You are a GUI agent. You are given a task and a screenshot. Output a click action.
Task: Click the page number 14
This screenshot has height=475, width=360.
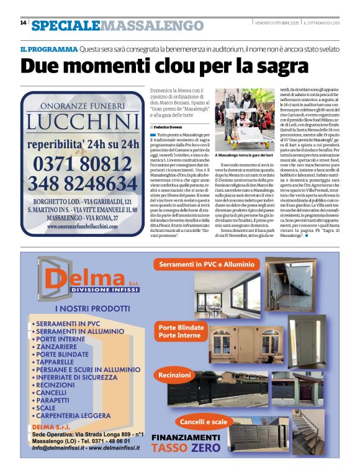click(23, 23)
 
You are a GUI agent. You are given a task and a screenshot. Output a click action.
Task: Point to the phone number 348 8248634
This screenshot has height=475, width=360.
click(83, 184)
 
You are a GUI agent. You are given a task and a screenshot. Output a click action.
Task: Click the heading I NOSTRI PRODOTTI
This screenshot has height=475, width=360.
click(83, 308)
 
